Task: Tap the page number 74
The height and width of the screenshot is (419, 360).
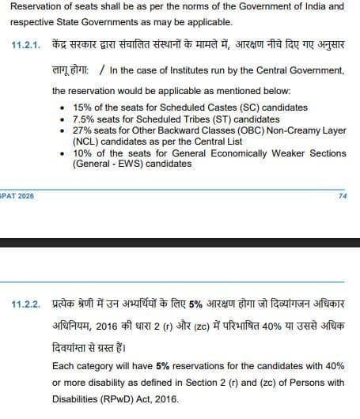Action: pos(342,194)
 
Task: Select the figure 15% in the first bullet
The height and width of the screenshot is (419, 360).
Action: pos(82,107)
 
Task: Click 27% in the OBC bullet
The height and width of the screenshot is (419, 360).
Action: pos(82,130)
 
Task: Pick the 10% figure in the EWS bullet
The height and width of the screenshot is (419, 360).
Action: pos(82,153)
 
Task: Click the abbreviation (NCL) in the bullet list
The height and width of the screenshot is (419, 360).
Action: pos(85,142)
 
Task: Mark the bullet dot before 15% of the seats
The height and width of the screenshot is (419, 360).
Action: pos(63,107)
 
